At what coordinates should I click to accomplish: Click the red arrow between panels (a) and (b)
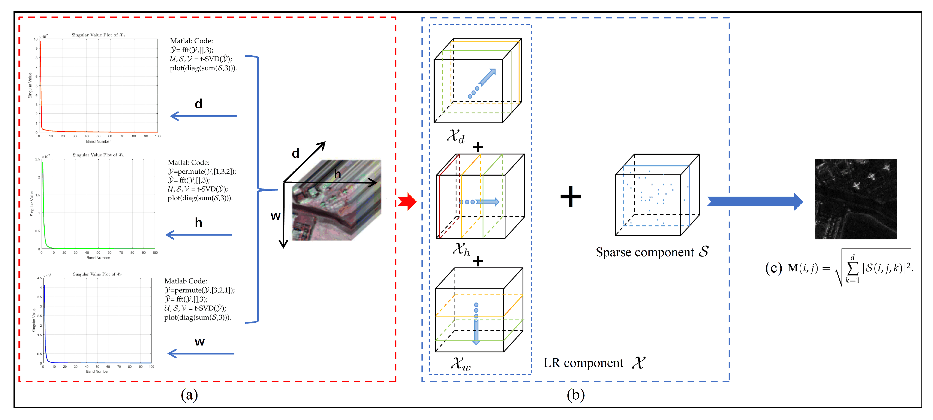pyautogui.click(x=408, y=202)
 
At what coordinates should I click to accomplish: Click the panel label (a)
pyautogui.click(x=189, y=395)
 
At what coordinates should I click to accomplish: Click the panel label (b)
pyautogui.click(x=575, y=395)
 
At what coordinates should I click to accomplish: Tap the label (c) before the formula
pyautogui.click(x=773, y=268)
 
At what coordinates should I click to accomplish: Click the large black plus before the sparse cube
pyautogui.click(x=570, y=197)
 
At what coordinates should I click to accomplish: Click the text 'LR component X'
pyautogui.click(x=594, y=362)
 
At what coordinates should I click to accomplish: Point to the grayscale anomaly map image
pyautogui.click(x=856, y=199)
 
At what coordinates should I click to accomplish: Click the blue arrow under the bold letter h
pyautogui.click(x=199, y=235)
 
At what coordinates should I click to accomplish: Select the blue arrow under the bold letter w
pyautogui.click(x=201, y=353)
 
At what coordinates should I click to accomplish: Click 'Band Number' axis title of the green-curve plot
pyautogui.click(x=98, y=258)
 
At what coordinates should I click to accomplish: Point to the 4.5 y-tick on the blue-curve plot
pyautogui.click(x=39, y=278)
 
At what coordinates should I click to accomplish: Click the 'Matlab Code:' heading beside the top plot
pyautogui.click(x=191, y=41)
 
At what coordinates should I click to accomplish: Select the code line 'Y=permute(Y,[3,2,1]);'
pyautogui.click(x=199, y=290)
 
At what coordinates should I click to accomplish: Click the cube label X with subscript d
pyautogui.click(x=455, y=137)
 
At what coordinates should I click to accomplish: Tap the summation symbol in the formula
pyautogui.click(x=853, y=268)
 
